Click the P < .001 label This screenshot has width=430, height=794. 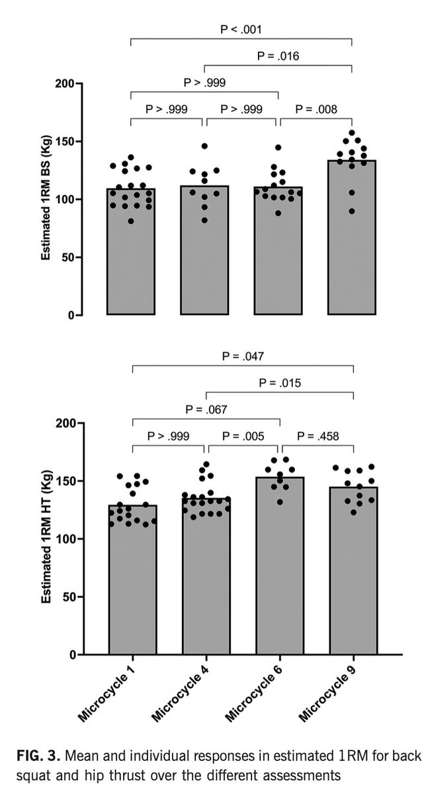(241, 29)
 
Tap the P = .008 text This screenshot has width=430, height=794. (315, 109)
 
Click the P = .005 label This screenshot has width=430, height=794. (242, 436)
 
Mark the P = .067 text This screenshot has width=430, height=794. (206, 410)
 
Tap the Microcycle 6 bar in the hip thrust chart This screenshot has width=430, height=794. (279, 569)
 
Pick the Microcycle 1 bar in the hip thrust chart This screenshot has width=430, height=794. (132, 582)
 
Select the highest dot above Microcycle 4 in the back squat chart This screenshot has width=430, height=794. (204, 146)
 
